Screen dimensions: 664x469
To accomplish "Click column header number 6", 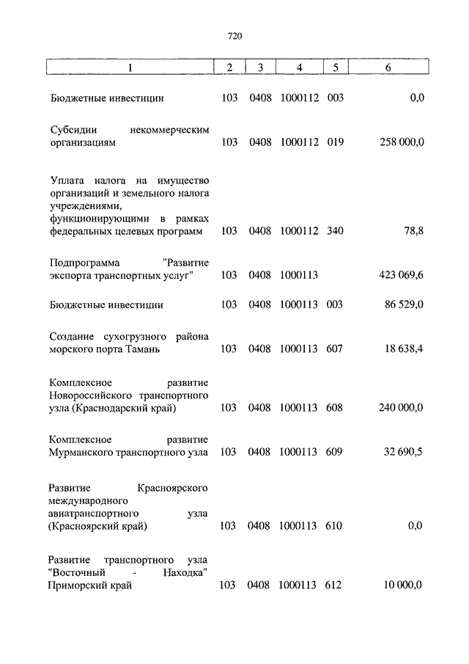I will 388,68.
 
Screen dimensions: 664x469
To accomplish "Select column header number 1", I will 130,68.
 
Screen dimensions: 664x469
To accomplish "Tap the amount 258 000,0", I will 402,142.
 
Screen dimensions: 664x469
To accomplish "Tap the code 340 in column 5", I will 335,231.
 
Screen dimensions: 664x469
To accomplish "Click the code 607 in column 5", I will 335,349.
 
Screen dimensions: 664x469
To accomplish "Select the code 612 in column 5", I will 335,585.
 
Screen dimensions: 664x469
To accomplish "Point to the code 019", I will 335,142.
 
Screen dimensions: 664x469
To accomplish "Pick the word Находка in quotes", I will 181,572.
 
